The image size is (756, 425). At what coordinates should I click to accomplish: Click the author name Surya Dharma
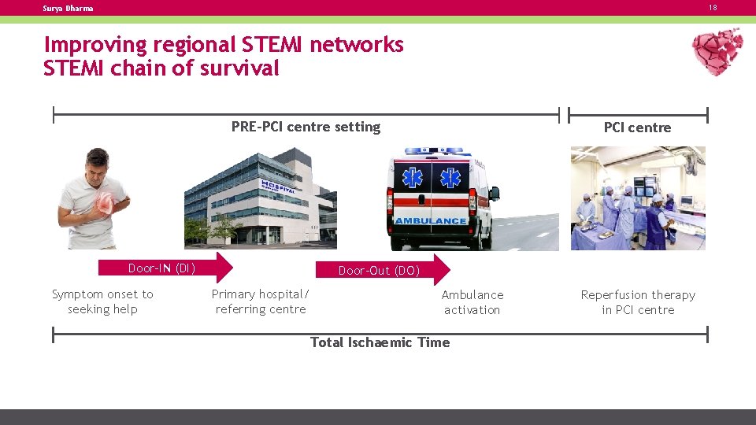[69, 9]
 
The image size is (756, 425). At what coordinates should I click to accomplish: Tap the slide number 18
[713, 8]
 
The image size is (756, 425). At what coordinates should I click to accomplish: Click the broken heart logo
[717, 51]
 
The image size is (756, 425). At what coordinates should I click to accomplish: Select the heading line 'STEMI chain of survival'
[161, 68]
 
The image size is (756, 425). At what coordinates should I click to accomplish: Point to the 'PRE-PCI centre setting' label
[306, 127]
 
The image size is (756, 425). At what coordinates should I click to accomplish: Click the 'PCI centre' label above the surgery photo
[637, 128]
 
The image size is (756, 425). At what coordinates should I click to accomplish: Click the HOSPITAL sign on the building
[279, 187]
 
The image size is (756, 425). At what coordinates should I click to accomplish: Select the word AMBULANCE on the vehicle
[431, 221]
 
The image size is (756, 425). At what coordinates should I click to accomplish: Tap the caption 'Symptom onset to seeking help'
[102, 301]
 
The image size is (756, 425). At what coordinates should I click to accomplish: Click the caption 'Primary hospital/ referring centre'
[261, 301]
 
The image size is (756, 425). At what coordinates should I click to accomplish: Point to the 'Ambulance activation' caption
[472, 302]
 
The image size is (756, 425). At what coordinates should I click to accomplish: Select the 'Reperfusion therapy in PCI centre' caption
[638, 302]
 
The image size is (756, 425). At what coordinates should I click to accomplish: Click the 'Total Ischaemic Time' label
[380, 342]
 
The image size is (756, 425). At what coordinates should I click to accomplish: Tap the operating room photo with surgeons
[638, 198]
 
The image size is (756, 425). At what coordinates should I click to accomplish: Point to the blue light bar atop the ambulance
[434, 151]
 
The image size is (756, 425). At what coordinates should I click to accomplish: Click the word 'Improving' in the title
[95, 45]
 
